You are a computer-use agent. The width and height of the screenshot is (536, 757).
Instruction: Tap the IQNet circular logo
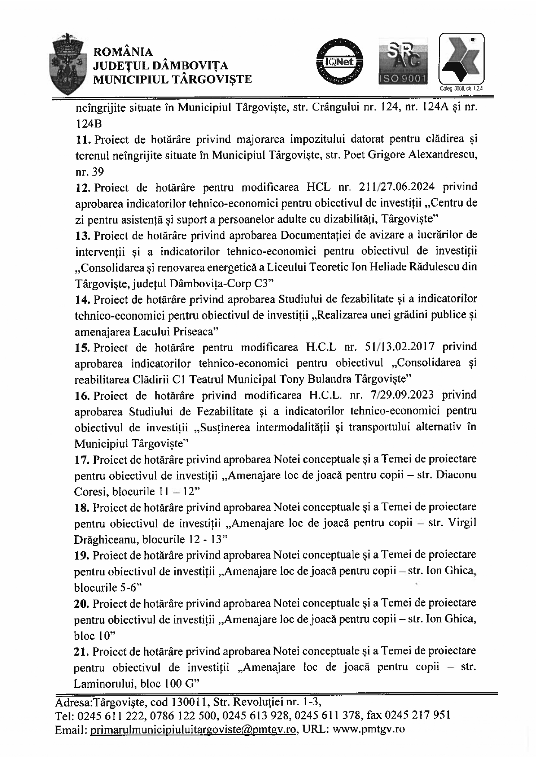(x=340, y=63)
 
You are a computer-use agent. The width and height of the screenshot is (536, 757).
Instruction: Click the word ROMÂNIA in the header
(x=123, y=52)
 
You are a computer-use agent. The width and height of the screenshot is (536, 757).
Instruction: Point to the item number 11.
(x=82, y=140)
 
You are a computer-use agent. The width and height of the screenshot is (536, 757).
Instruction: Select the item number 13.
(x=82, y=236)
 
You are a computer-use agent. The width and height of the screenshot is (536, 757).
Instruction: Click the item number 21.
(x=82, y=651)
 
